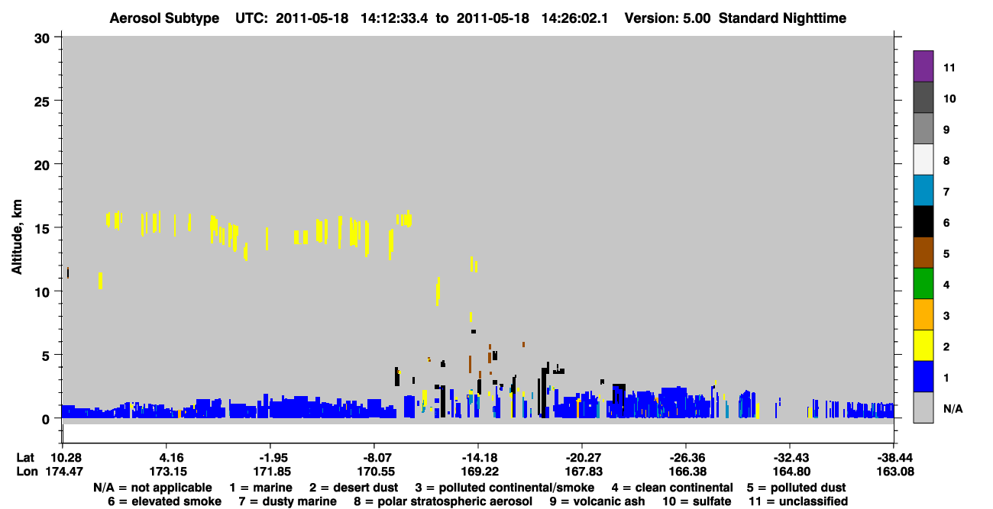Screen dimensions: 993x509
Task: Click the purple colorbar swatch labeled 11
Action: pyautogui.click(x=923, y=66)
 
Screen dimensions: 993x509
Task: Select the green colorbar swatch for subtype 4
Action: pyautogui.click(x=923, y=284)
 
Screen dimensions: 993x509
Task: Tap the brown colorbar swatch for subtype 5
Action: pyautogui.click(x=923, y=253)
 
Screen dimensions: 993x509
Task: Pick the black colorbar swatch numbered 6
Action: pyautogui.click(x=923, y=221)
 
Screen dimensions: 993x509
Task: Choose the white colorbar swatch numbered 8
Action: pyautogui.click(x=923, y=159)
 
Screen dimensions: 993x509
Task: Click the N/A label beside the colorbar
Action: pyautogui.click(x=953, y=409)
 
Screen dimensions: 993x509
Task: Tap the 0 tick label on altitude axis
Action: pyautogui.click(x=46, y=420)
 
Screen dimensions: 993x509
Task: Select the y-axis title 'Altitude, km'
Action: pyautogui.click(x=16, y=237)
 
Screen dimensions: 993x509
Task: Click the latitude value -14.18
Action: pyautogui.click(x=480, y=458)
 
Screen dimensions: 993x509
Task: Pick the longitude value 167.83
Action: pyautogui.click(x=584, y=472)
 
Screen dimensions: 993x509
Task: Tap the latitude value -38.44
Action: pyautogui.click(x=894, y=458)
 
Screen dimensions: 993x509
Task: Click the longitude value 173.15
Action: pyautogui.click(x=168, y=472)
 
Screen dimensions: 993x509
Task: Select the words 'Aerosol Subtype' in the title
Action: pyautogui.click(x=164, y=18)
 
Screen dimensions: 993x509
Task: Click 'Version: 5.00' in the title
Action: pyautogui.click(x=668, y=18)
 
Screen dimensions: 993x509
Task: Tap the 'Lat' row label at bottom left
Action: pyautogui.click(x=25, y=458)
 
